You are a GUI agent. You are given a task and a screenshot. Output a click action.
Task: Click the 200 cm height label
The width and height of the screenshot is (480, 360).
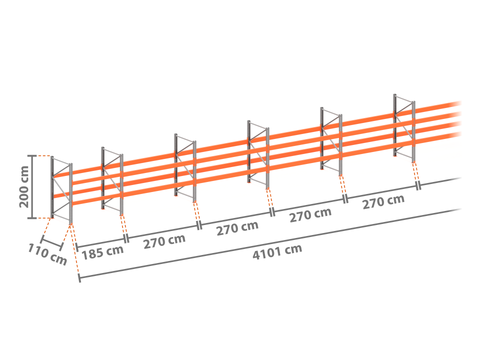coord(24,187)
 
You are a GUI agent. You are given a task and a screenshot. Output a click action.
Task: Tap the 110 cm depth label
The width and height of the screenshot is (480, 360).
coord(47,254)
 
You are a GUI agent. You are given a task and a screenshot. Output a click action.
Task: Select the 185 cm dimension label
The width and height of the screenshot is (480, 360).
coord(102,252)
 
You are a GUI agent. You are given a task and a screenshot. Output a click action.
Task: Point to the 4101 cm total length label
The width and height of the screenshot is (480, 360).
coord(277,252)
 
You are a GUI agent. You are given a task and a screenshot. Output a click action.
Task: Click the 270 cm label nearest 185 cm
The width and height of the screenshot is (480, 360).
coord(164,241)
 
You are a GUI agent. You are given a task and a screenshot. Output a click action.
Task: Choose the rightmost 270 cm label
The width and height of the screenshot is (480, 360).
coord(383,202)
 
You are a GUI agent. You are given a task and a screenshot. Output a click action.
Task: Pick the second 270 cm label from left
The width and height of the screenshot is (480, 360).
coord(237,228)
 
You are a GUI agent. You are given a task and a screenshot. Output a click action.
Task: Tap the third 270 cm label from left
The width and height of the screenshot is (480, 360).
coord(310,215)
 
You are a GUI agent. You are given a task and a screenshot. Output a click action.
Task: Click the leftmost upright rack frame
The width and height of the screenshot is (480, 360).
coord(61,189)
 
